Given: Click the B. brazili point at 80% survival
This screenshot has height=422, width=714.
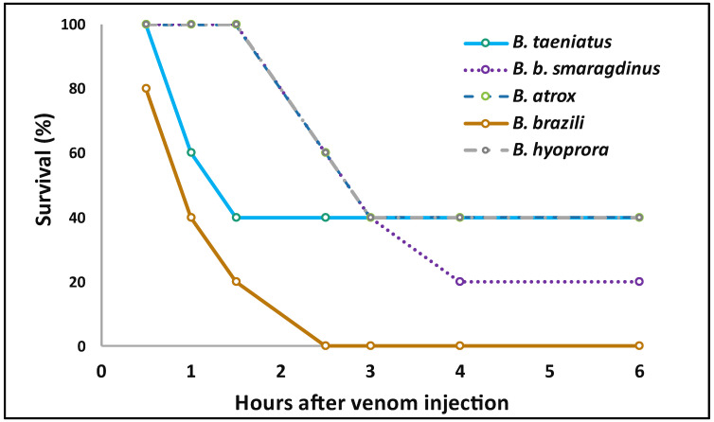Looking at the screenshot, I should coord(146,88).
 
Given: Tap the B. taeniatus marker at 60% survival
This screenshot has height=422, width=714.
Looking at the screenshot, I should coord(191,152).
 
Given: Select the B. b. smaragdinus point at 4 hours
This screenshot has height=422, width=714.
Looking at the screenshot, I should coord(460,281).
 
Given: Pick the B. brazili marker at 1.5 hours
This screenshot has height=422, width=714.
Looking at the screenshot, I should coord(236,281).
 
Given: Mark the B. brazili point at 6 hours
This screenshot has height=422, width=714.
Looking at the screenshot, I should coord(639,345).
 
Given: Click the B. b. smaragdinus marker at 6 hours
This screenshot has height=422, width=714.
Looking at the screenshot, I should coord(639,281).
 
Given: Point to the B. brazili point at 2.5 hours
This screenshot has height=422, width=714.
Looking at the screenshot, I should coord(326,345).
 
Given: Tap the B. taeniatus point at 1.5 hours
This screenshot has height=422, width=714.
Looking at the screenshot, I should coord(236,217).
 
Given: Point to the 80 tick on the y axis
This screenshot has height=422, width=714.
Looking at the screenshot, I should coord(78,89).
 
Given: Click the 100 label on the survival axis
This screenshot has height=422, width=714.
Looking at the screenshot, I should coord(74,25).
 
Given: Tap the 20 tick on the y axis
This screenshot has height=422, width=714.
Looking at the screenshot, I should coord(78,282).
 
